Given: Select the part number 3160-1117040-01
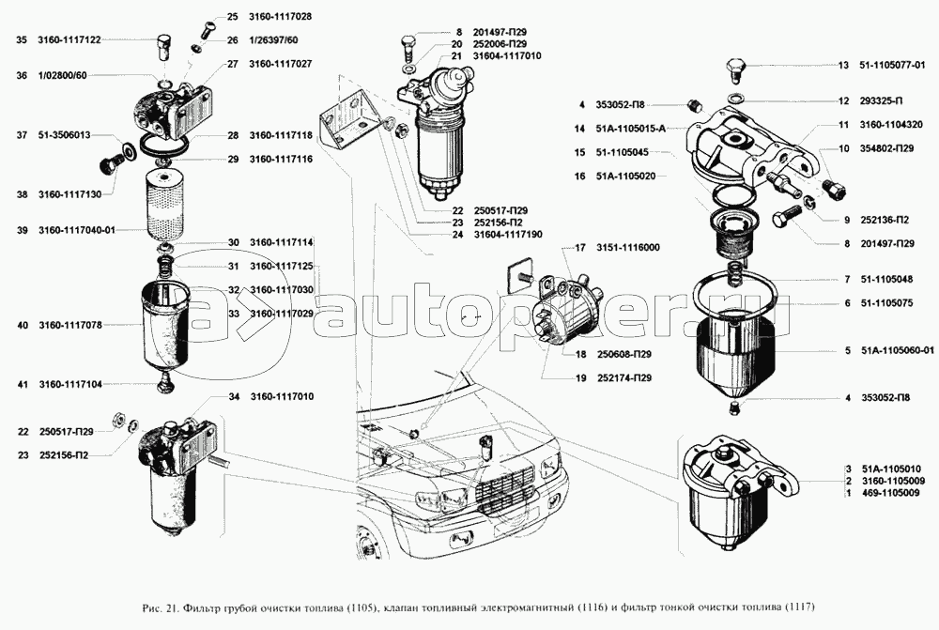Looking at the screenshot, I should [x=76, y=230].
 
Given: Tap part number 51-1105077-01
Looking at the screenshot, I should [x=891, y=66].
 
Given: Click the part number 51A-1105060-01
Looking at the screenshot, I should [x=897, y=350].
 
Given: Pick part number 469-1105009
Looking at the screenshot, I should [x=891, y=492].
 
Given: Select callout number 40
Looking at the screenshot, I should [x=22, y=325].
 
